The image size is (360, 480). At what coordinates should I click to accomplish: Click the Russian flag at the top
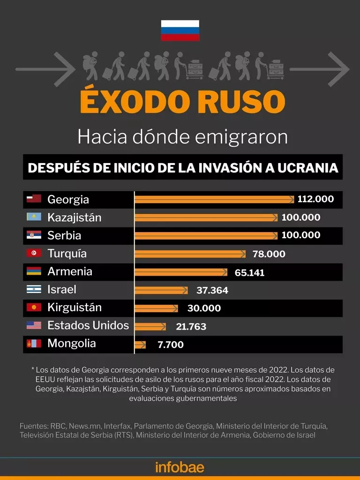(x=180, y=30)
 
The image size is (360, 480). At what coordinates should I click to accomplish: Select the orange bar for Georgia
(x=214, y=199)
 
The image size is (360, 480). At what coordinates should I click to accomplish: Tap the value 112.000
(x=315, y=199)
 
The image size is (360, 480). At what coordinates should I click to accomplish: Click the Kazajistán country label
(x=74, y=217)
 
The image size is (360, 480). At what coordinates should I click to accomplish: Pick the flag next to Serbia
(x=34, y=235)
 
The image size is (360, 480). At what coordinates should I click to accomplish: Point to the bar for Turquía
(x=189, y=254)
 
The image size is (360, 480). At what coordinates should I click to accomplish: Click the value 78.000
(x=269, y=254)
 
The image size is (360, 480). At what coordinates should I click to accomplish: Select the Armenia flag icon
(x=34, y=271)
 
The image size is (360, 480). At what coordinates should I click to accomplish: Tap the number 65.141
(x=249, y=272)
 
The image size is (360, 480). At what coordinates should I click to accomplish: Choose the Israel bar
(x=161, y=290)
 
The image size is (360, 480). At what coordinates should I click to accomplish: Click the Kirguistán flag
(x=34, y=307)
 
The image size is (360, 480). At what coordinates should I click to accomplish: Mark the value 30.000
(x=204, y=308)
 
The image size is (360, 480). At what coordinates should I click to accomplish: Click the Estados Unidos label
(x=88, y=325)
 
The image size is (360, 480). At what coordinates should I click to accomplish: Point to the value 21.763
(x=191, y=327)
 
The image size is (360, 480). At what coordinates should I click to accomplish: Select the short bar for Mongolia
(x=140, y=345)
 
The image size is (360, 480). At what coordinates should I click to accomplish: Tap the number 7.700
(x=171, y=345)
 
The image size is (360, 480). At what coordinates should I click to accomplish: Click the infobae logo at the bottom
(x=180, y=467)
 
